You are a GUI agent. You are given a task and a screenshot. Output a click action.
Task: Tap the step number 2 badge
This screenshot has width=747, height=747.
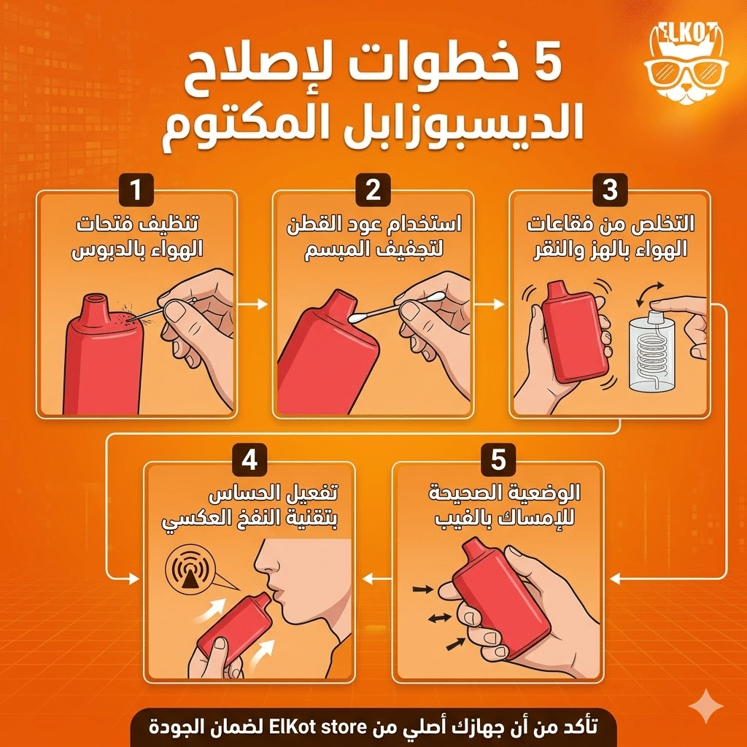373,190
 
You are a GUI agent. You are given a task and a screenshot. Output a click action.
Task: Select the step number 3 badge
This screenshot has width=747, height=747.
610,190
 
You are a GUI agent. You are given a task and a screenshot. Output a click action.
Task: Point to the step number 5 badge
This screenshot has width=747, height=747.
498,460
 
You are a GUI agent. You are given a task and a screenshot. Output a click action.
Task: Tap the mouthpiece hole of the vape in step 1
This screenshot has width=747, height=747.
94,299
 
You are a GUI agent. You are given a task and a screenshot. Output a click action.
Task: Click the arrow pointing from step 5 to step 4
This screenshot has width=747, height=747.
374,578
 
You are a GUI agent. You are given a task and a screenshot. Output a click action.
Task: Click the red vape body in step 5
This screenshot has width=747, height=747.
503,598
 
